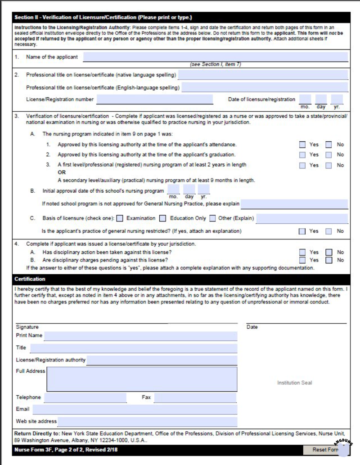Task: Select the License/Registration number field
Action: pos(154,99)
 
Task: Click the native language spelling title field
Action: pos(263,75)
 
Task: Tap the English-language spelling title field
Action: pos(265,87)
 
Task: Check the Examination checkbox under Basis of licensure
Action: pos(120,219)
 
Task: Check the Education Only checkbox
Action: pos(163,219)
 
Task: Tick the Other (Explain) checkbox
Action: pos(212,219)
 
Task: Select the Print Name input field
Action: pos(140,336)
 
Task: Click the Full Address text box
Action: pos(142,379)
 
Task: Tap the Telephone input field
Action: pos(85,397)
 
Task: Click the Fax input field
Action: pos(195,397)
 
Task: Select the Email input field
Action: pos(135,410)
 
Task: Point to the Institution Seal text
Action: pos(294,383)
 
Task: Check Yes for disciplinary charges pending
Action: pos(303,260)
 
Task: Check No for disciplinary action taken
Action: pos(329,253)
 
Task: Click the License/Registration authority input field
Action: pos(162,360)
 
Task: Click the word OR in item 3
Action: pos(62,172)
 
